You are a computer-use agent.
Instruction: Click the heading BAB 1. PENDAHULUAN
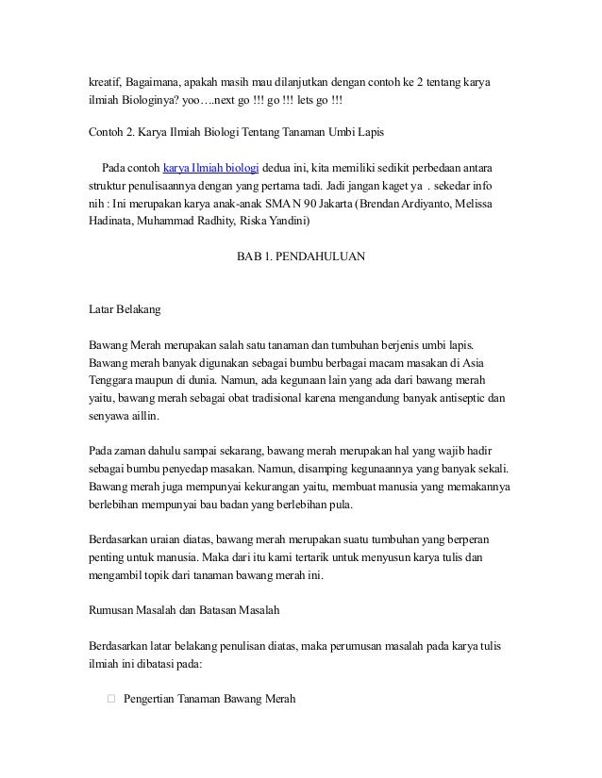(300, 256)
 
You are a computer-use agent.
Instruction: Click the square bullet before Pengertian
(110, 699)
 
